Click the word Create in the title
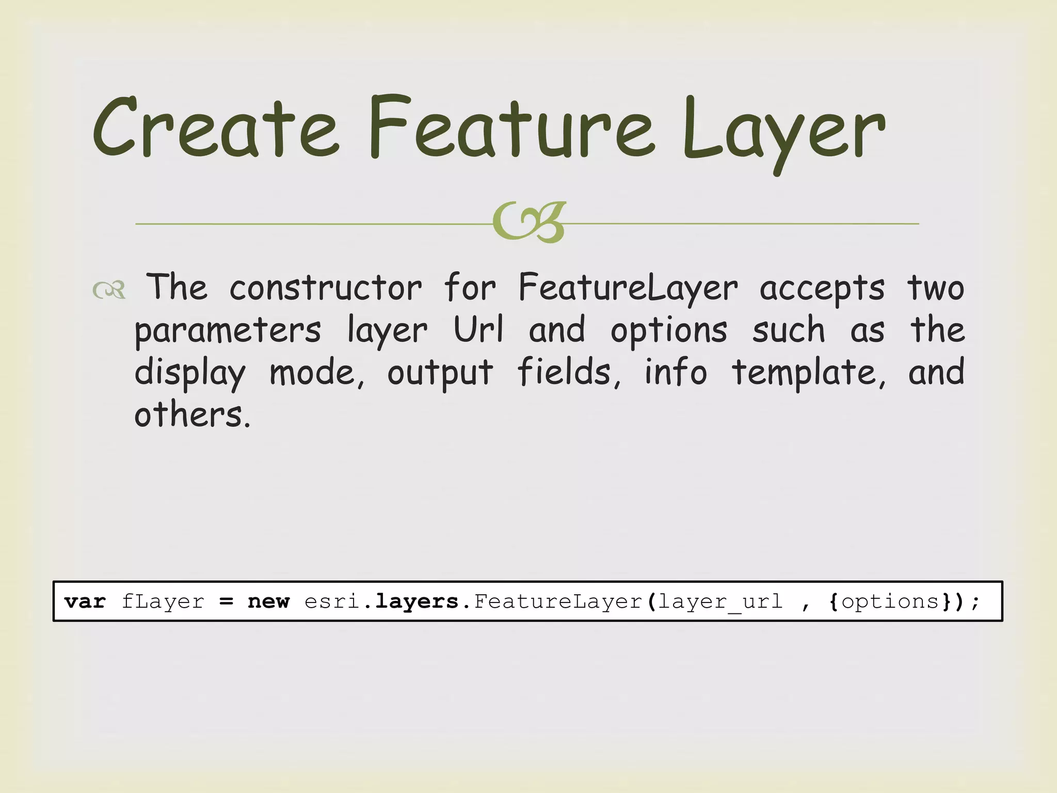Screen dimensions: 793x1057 point(216,128)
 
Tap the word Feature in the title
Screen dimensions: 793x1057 point(511,128)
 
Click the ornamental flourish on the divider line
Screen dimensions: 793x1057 point(530,222)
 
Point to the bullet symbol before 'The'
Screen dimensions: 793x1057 point(109,290)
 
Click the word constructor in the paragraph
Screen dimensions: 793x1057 point(325,288)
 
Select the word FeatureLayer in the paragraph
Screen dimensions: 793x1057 point(628,288)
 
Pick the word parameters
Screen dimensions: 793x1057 point(228,331)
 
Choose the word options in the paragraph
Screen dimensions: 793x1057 point(669,331)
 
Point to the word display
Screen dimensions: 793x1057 point(190,373)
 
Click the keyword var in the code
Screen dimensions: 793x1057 point(85,601)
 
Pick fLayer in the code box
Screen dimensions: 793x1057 point(163,601)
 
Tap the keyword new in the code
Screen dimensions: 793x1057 point(268,601)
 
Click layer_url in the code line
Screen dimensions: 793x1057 point(720,602)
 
